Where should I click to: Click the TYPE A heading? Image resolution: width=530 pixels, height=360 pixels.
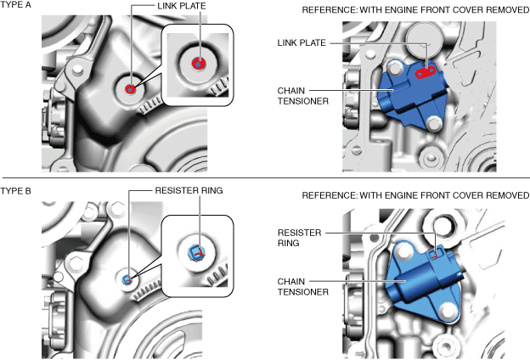15,5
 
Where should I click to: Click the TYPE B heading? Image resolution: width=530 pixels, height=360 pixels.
15,191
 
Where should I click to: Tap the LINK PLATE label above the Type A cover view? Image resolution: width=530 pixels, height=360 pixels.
182,6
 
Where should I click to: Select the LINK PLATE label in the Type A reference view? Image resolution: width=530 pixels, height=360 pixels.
302,42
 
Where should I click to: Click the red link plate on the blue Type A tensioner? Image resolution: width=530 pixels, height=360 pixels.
425,72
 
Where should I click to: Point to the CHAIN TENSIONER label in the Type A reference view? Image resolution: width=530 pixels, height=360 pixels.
303,96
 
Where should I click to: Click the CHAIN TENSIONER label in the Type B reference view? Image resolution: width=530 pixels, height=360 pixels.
303,287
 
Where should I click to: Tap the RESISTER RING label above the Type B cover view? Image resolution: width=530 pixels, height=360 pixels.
189,190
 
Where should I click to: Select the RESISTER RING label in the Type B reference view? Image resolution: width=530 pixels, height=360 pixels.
299,238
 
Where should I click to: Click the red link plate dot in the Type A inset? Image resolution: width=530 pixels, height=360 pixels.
199,63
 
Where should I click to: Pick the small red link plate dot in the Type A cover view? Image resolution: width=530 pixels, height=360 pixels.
130,89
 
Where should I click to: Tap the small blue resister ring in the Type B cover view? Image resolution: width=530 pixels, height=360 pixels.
127,279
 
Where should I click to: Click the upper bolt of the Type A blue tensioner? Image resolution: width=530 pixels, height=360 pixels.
395,69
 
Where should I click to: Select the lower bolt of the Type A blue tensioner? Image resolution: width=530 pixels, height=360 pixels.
433,124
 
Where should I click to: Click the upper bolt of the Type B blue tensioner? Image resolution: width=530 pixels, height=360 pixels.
404,253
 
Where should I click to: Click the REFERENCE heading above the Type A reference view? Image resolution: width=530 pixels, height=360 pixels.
415,10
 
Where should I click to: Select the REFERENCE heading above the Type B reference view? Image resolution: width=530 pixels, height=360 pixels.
415,195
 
